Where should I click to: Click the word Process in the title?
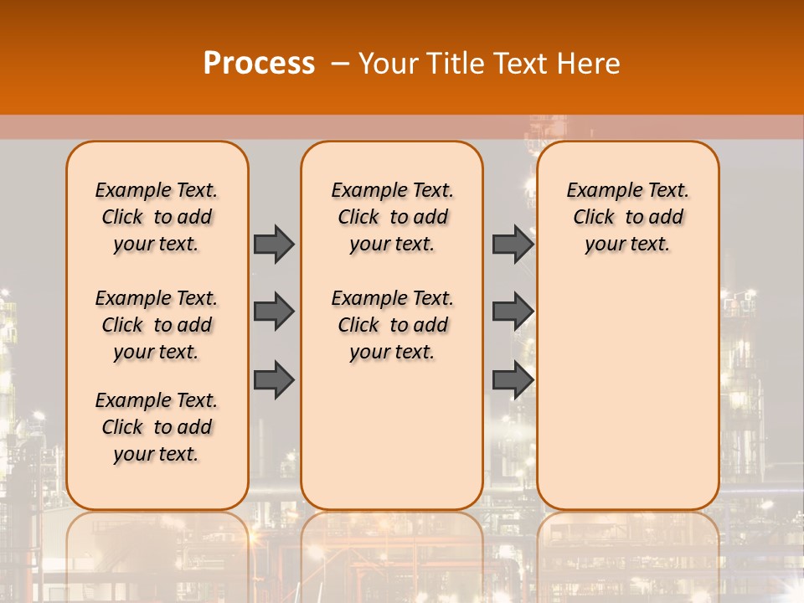point(259,64)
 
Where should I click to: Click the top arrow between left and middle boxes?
point(274,244)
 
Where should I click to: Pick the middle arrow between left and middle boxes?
point(274,312)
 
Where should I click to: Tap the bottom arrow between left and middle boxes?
point(274,380)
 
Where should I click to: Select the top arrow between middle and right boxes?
point(513,244)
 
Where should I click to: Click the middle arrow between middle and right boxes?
point(513,312)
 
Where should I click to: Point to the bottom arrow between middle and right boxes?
point(513,380)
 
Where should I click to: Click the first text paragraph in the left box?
point(157,217)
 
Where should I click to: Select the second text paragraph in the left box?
point(157,325)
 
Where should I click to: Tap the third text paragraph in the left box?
point(157,427)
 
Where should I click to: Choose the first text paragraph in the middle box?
point(392,217)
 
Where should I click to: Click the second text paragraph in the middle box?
point(392,325)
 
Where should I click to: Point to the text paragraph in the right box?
point(628,217)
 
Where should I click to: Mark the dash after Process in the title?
point(341,64)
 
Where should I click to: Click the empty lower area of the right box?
point(628,394)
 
